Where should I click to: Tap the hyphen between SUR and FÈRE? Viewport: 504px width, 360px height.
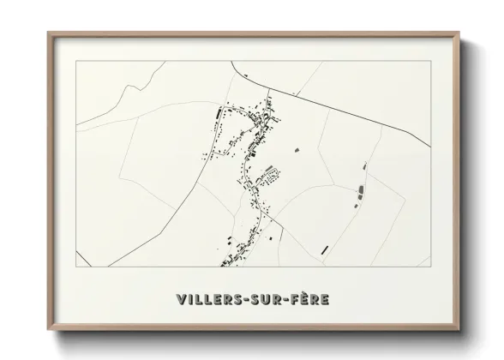pyautogui.click(x=287, y=300)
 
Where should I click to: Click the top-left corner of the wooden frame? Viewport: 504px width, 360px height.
pyautogui.click(x=48, y=33)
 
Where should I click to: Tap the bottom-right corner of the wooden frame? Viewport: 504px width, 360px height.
pyautogui.click(x=460, y=328)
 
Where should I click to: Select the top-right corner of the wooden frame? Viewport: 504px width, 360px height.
pyautogui.click(x=460, y=33)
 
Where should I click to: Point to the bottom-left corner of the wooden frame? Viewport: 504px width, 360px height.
pyautogui.click(x=48, y=328)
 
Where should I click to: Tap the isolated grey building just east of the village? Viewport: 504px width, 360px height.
pyautogui.click(x=297, y=150)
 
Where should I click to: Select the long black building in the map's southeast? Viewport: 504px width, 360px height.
pyautogui.click(x=325, y=249)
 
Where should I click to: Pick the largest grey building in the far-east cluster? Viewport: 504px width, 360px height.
pyautogui.click(x=361, y=189)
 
